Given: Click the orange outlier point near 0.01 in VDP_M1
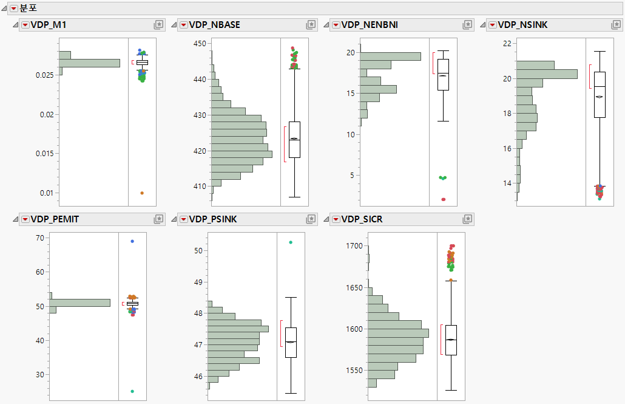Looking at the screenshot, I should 142,193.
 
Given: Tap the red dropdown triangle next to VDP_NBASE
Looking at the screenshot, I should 183,24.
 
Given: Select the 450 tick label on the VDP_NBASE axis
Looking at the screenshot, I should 200,44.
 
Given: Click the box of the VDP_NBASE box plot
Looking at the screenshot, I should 294,139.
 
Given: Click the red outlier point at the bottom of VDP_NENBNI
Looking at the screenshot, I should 443,199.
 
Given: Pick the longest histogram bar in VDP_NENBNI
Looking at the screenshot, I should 390,56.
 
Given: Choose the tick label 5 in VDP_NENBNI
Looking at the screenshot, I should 351,176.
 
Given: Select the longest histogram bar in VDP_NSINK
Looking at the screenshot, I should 546,74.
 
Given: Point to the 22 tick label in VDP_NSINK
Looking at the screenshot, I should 506,44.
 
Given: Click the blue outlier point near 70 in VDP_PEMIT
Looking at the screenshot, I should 132,241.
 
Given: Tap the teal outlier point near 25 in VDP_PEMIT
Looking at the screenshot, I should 132,391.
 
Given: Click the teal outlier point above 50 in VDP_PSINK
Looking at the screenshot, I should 291,242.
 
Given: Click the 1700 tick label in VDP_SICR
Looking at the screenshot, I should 354,246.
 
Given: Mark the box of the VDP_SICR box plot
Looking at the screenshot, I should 451,340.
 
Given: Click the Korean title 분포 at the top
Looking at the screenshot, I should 29,7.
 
